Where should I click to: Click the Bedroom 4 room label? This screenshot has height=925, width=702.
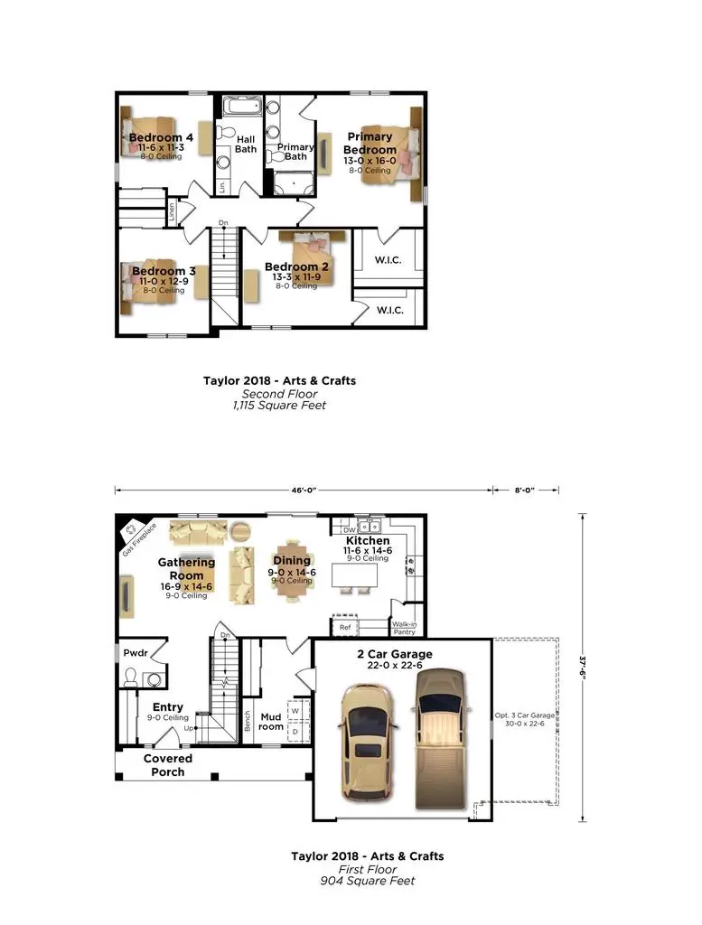161,137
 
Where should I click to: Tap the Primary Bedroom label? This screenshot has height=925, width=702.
370,144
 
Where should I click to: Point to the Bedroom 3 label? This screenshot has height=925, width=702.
164,271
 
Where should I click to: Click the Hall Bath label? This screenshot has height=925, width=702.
246,144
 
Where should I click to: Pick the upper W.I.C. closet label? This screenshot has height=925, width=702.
388,260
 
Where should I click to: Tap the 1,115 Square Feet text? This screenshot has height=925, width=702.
278,406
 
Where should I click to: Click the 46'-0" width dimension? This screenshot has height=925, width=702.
304,491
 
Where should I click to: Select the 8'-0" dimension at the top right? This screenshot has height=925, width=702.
525,491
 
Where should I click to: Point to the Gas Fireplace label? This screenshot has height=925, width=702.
140,538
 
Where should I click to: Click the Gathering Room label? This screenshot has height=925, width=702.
187,568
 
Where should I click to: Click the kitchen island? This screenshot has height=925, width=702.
360,575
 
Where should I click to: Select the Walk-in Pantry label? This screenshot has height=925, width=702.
404,628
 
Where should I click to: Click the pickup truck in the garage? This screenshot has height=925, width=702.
440,736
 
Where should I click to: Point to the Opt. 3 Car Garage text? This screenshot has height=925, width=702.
523,720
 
